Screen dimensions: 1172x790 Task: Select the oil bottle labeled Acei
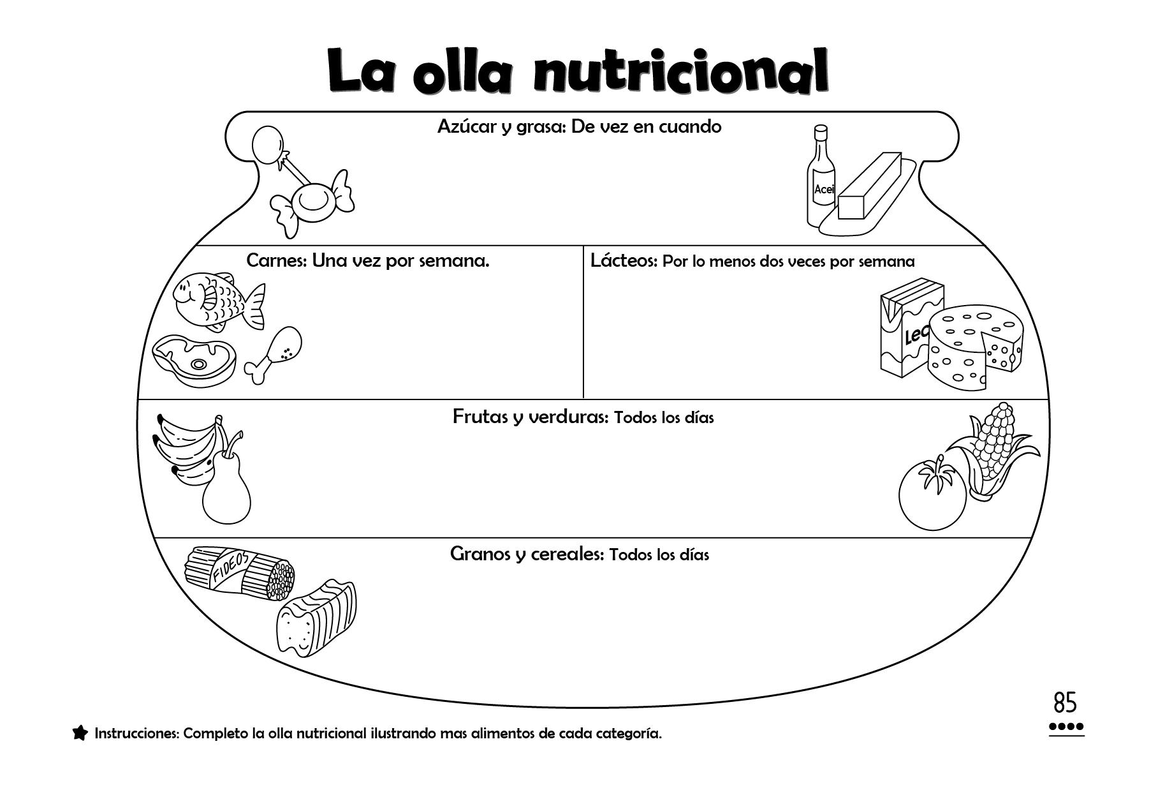(820, 182)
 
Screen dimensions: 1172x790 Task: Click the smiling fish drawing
(217, 300)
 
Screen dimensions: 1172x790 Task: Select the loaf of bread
(316, 618)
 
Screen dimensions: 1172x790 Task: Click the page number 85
(1065, 703)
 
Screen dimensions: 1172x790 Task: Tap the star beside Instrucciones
(80, 733)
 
